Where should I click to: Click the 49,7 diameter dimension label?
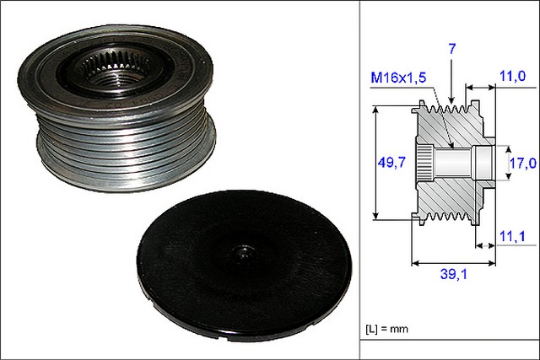(x=391, y=162)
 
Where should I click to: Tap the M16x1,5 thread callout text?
(x=398, y=78)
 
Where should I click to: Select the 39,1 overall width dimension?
(x=454, y=274)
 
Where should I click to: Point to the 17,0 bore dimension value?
(x=523, y=163)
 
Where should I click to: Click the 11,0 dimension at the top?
(x=512, y=76)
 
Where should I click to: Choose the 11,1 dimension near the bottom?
(x=512, y=236)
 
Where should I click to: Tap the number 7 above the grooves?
(x=452, y=49)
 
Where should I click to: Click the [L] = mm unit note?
(x=386, y=329)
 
